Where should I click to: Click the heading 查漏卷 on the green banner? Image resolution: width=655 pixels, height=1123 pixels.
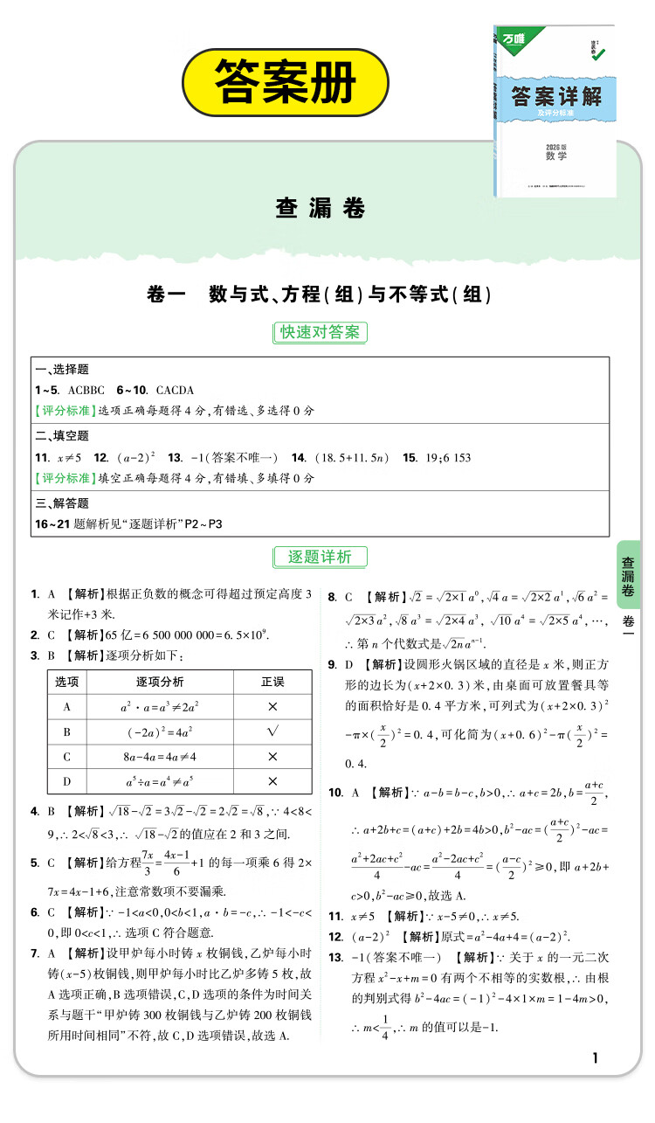pyautogui.click(x=320, y=208)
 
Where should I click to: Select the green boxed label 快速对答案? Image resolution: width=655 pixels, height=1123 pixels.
pyautogui.click(x=320, y=332)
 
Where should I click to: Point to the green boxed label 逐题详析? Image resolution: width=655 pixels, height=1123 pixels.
pyautogui.click(x=320, y=557)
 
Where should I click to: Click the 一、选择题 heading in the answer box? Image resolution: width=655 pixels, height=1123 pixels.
pyautogui.click(x=61, y=370)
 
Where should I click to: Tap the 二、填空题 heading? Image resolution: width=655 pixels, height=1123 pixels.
pyautogui.click(x=61, y=436)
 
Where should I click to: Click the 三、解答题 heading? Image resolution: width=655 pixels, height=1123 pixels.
pyautogui.click(x=61, y=503)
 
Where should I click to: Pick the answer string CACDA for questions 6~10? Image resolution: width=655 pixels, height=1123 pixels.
pyautogui.click(x=175, y=390)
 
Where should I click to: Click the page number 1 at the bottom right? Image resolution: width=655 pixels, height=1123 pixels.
pyautogui.click(x=596, y=1059)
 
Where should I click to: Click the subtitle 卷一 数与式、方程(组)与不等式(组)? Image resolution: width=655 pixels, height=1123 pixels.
pyautogui.click(x=320, y=295)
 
